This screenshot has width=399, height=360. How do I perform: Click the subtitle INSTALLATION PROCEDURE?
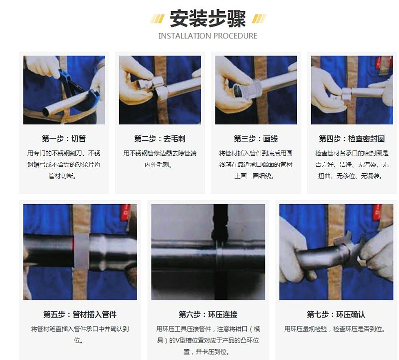point(207,36)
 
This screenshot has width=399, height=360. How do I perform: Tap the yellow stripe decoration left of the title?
point(158,18)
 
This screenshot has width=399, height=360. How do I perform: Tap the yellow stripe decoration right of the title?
point(258,18)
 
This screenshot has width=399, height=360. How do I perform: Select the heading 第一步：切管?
point(64,139)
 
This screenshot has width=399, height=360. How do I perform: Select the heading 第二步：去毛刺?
point(160,139)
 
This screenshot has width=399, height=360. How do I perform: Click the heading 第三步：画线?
point(256,139)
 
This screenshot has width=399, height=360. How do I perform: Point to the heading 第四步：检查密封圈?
point(352,139)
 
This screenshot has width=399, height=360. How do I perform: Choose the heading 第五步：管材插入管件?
point(80,315)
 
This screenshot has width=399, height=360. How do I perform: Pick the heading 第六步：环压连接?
point(208,315)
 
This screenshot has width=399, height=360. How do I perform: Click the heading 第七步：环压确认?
point(336,315)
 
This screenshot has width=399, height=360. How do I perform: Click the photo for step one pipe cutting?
point(64,90)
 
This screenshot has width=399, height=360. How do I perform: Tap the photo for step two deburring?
point(160,90)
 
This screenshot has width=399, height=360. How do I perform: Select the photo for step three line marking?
point(256,90)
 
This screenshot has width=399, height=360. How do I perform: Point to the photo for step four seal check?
point(352,90)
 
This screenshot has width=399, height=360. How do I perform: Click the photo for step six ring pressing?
point(208,252)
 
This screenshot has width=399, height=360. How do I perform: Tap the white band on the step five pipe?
point(82,250)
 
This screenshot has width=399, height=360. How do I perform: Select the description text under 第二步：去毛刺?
point(160,159)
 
